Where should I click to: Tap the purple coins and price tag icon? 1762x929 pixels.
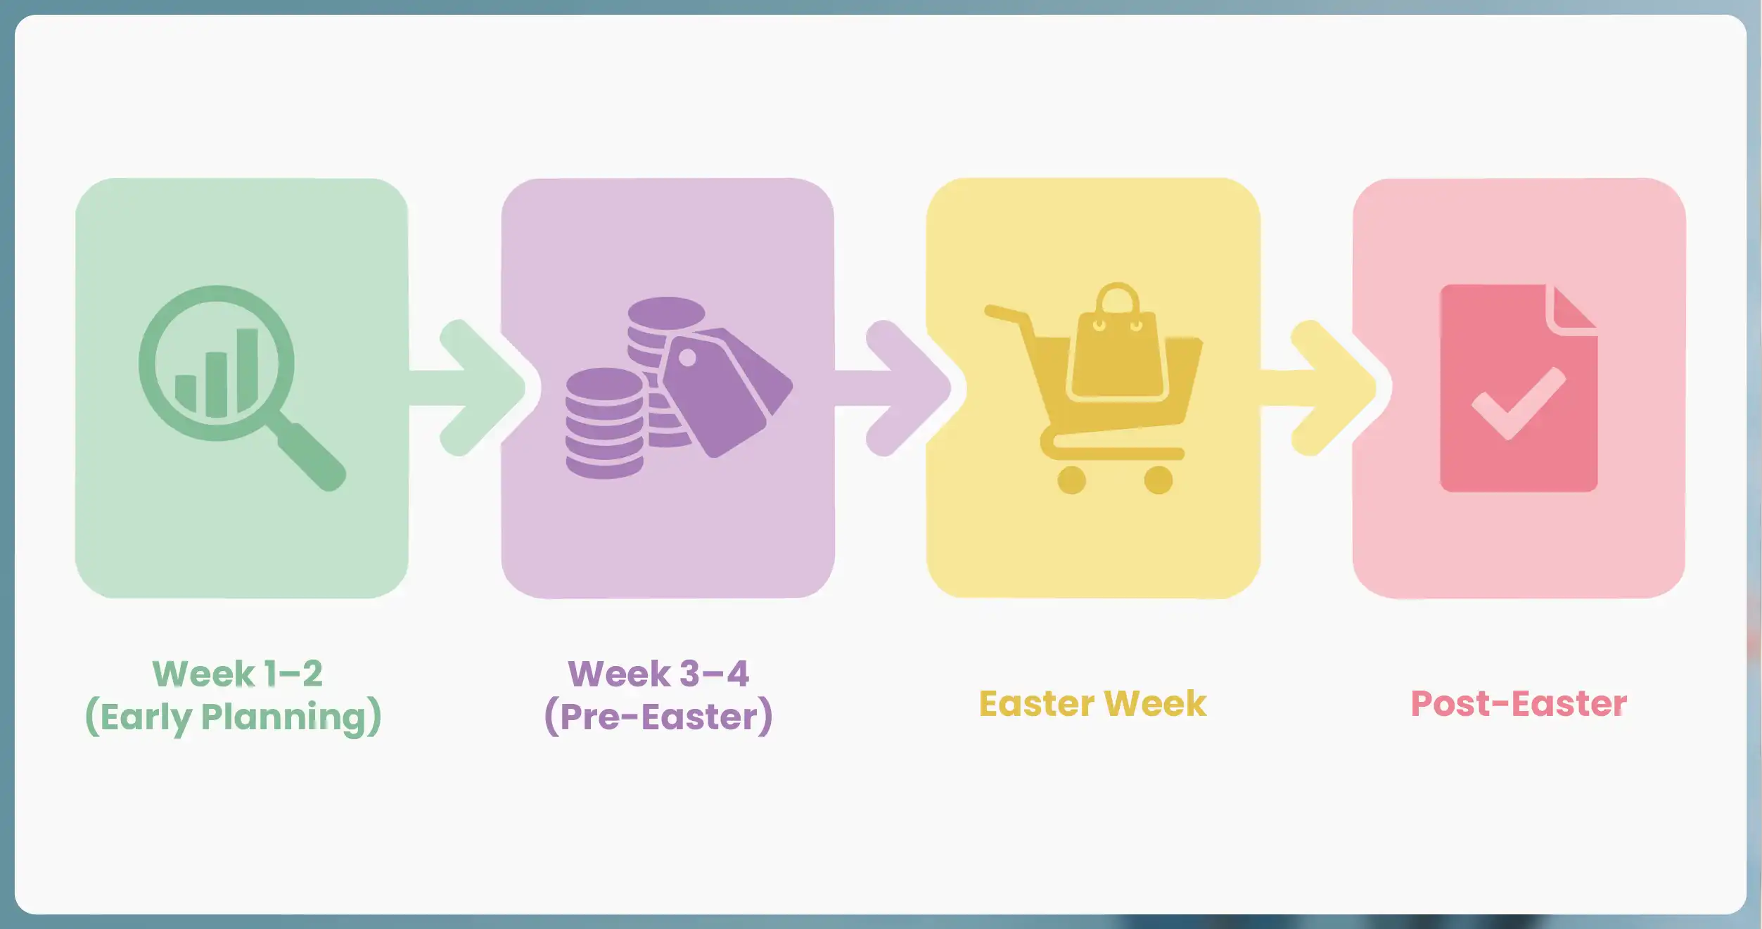click(675, 387)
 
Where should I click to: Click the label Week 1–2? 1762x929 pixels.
click(238, 674)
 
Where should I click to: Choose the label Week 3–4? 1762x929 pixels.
click(658, 674)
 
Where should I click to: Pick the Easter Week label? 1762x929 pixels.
click(1092, 704)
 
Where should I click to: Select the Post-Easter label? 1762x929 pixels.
click(1519, 704)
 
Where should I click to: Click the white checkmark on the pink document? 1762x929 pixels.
click(1518, 404)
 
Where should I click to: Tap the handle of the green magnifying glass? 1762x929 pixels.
click(309, 454)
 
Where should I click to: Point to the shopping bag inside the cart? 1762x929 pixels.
click(1117, 352)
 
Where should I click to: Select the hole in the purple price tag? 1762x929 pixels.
click(687, 358)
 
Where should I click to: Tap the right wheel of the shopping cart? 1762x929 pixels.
click(1158, 480)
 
